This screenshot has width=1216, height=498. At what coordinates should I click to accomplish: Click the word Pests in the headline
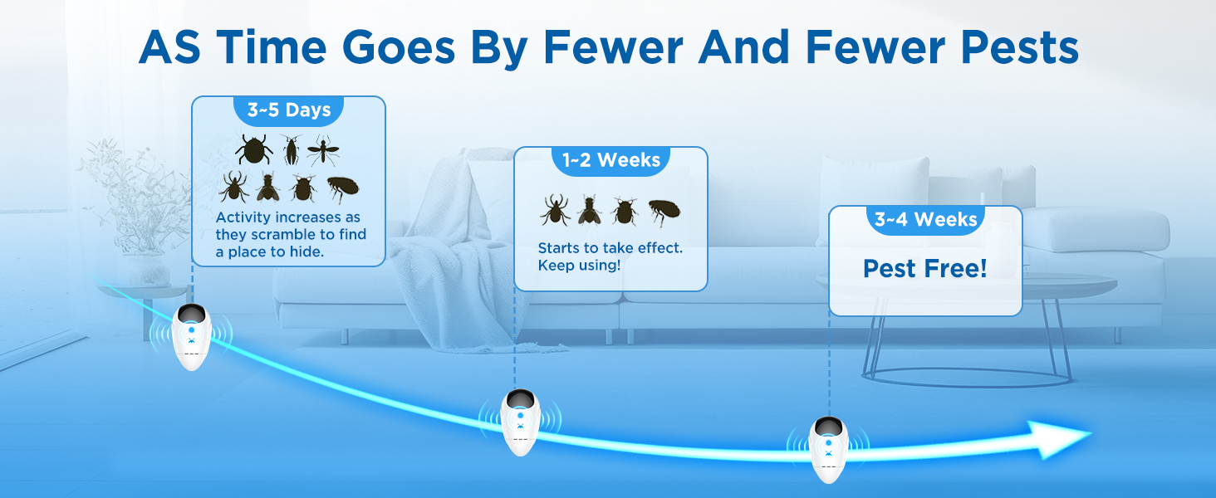click(x=1019, y=47)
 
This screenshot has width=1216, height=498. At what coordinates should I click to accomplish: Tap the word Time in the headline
click(x=272, y=47)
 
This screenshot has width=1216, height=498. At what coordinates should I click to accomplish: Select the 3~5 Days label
click(x=289, y=110)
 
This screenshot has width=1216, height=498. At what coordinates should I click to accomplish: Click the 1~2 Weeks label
click(x=611, y=160)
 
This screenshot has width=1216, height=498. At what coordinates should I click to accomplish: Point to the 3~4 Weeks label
click(x=925, y=219)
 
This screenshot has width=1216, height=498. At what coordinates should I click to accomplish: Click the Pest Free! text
click(x=925, y=268)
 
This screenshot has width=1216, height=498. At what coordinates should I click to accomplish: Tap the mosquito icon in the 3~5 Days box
click(x=323, y=149)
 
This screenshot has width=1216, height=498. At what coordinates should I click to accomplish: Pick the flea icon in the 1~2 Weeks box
click(x=664, y=211)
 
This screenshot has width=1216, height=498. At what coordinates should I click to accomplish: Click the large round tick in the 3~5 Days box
click(x=253, y=149)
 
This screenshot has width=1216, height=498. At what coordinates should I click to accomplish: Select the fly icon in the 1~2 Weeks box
click(x=589, y=210)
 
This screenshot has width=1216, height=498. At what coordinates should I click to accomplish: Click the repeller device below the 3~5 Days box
click(x=191, y=336)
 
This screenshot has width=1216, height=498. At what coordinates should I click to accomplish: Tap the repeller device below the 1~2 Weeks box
click(x=520, y=422)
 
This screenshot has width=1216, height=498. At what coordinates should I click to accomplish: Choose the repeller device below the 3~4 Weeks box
click(x=828, y=450)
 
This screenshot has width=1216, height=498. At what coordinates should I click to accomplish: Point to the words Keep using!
click(x=579, y=266)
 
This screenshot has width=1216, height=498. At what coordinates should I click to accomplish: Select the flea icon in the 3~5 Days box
click(x=343, y=189)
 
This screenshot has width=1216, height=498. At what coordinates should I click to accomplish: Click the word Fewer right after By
click(x=613, y=47)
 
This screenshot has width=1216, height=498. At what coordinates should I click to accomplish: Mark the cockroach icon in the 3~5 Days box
click(x=292, y=149)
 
